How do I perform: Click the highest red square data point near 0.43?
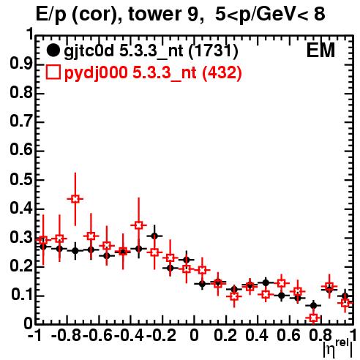tap(75, 199)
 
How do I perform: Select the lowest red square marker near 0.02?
tap(314, 318)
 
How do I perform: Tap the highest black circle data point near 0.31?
tap(154, 236)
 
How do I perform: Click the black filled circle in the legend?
tap(53, 50)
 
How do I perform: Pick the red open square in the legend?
tap(53, 72)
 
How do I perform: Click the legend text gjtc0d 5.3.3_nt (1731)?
tap(151, 50)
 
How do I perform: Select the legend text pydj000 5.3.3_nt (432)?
tap(153, 72)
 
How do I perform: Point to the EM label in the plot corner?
tap(320, 50)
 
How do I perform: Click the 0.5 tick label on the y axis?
tap(21, 180)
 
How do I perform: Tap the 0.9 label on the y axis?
tap(21, 64)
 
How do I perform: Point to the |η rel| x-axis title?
tap(338, 348)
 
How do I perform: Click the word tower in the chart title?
tap(154, 14)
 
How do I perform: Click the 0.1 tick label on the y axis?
tap(21, 295)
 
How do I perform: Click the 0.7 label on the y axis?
tap(21, 121)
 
